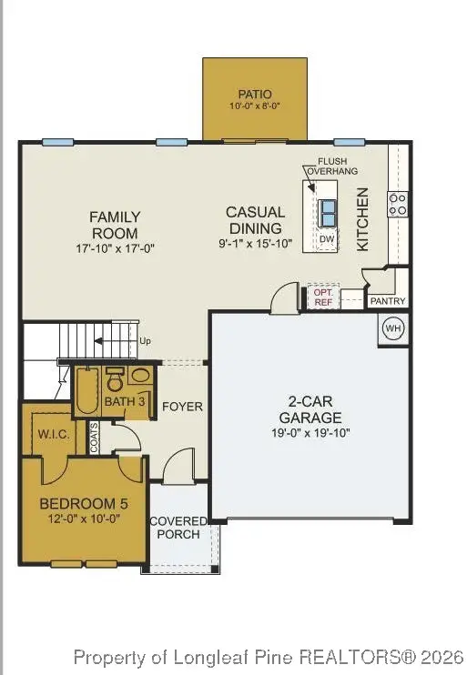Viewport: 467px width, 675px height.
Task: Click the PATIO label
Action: click(x=255, y=94)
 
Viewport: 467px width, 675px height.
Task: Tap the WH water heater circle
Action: click(x=392, y=327)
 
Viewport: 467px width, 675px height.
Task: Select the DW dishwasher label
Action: click(x=326, y=238)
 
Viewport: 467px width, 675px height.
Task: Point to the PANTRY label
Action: click(x=387, y=301)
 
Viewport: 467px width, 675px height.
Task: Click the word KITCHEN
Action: click(x=362, y=219)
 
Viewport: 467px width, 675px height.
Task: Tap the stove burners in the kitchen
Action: click(x=398, y=205)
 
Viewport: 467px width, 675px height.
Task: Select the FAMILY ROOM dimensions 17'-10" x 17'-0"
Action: click(x=115, y=247)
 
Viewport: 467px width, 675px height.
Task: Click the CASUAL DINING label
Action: click(x=256, y=219)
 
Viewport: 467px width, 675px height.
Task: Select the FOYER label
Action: click(x=182, y=406)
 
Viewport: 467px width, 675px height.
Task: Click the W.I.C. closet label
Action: click(x=54, y=434)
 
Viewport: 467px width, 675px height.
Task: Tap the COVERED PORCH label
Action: click(x=178, y=527)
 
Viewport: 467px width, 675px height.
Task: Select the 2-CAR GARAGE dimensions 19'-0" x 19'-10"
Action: click(x=310, y=433)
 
